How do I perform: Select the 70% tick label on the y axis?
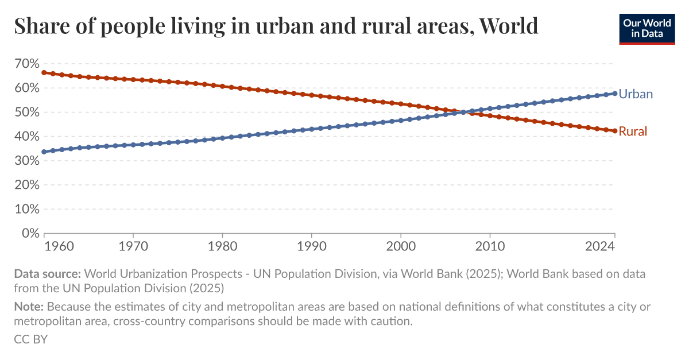pyautogui.click(x=26, y=64)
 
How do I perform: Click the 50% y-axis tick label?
pyautogui.click(x=26, y=113)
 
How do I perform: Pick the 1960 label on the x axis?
pyautogui.click(x=59, y=246)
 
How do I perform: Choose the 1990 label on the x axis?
pyautogui.click(x=311, y=246)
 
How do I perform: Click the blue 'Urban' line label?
pyautogui.click(x=636, y=94)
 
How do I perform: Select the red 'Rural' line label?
pyautogui.click(x=633, y=131)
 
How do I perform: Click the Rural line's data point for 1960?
pyautogui.click(x=44, y=72)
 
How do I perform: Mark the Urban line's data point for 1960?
pyautogui.click(x=44, y=152)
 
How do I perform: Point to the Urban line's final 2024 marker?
pyautogui.click(x=614, y=93)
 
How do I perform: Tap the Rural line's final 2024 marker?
pyautogui.click(x=614, y=131)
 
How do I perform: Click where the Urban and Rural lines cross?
pyautogui.click(x=463, y=112)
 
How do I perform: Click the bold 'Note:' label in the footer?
pyautogui.click(x=29, y=307)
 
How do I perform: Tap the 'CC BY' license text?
pyautogui.click(x=30, y=339)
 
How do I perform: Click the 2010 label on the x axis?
pyautogui.click(x=489, y=246)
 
